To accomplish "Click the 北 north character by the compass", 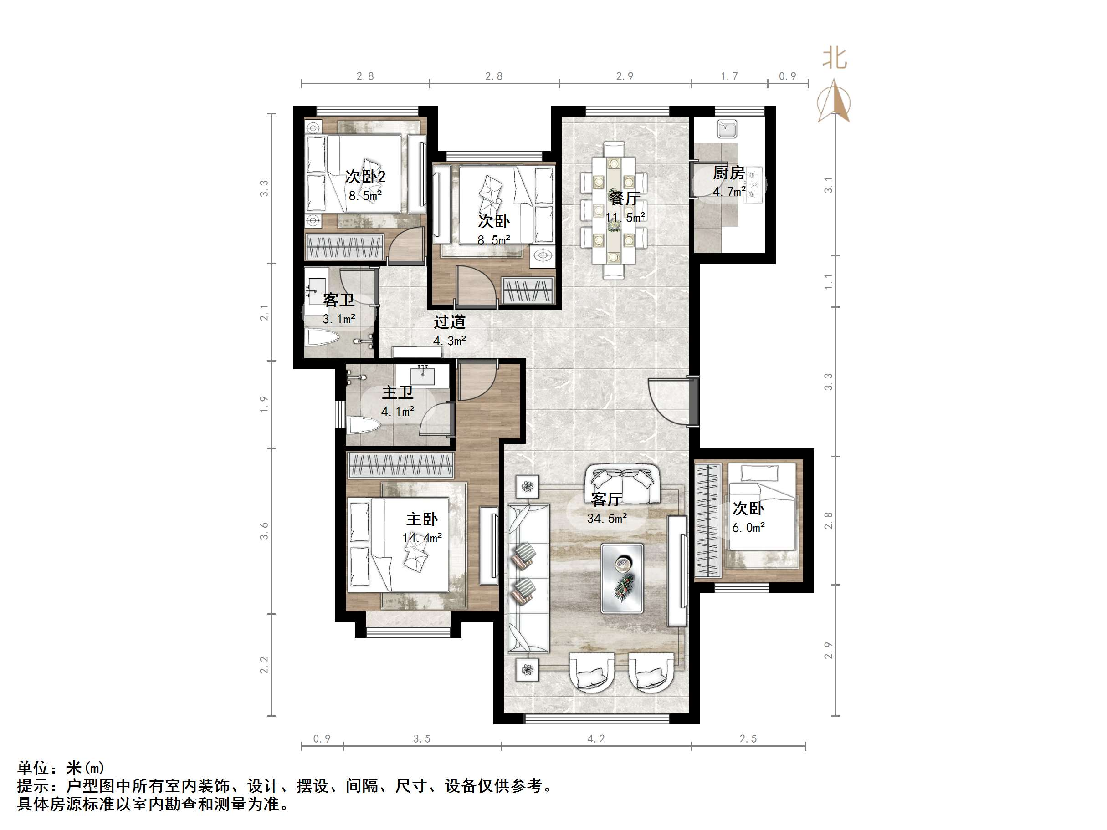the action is pyautogui.click(x=835, y=59).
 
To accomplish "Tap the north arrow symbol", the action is pyautogui.click(x=834, y=101).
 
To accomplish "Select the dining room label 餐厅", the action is pyautogui.click(x=624, y=198).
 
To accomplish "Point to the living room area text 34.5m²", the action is pyautogui.click(x=606, y=518).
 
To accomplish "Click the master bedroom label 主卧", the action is pyautogui.click(x=422, y=519).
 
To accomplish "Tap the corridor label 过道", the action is pyautogui.click(x=450, y=322).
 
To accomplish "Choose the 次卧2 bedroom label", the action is pyautogui.click(x=365, y=177).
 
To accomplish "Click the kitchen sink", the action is pyautogui.click(x=727, y=128).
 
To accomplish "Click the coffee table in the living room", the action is pyautogui.click(x=622, y=578).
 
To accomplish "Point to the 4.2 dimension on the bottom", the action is pyautogui.click(x=596, y=739).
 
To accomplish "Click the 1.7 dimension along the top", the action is pyautogui.click(x=729, y=76).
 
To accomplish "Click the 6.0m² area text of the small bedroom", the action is pyautogui.click(x=748, y=528).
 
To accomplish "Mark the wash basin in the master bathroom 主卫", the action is pyautogui.click(x=423, y=374).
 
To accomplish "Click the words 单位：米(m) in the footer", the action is pyautogui.click(x=61, y=768).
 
